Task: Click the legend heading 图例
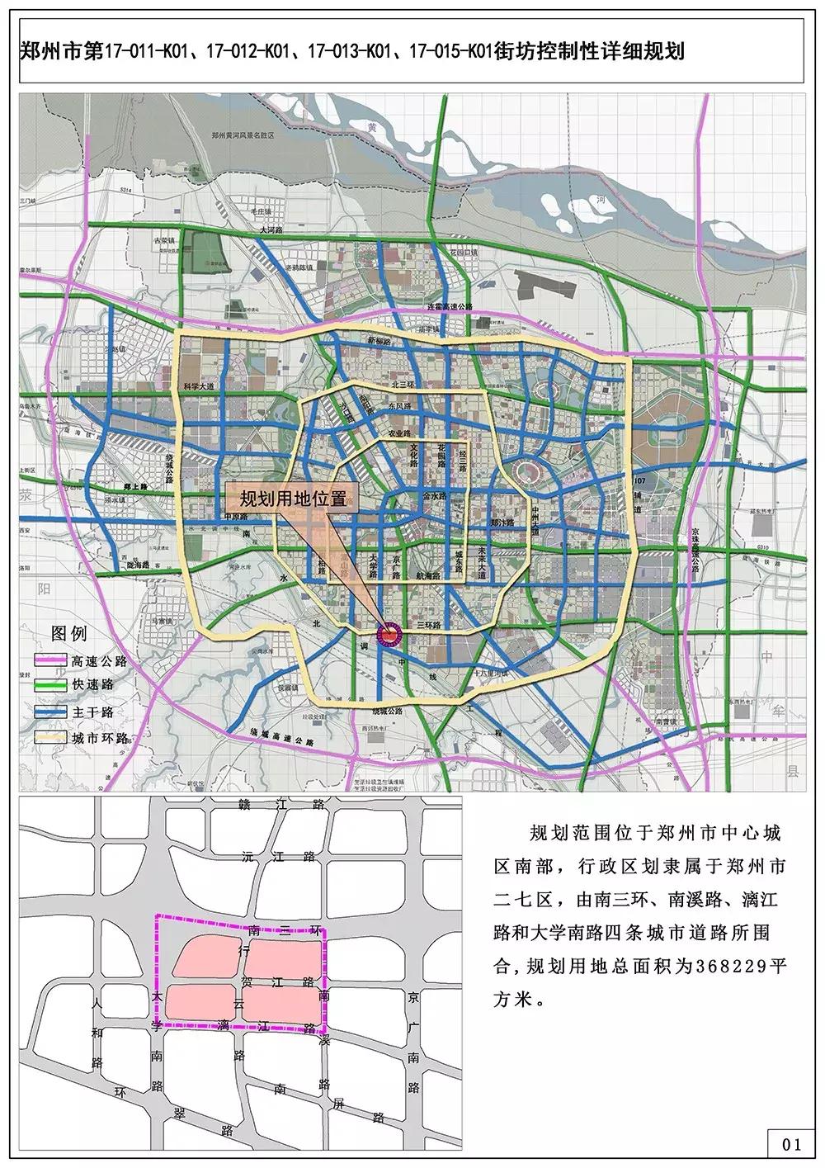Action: [x=68, y=634]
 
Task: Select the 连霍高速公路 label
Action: [x=450, y=306]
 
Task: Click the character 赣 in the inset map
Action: [x=241, y=805]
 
